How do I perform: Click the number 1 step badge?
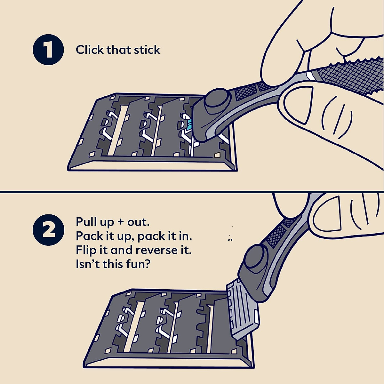48,51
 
